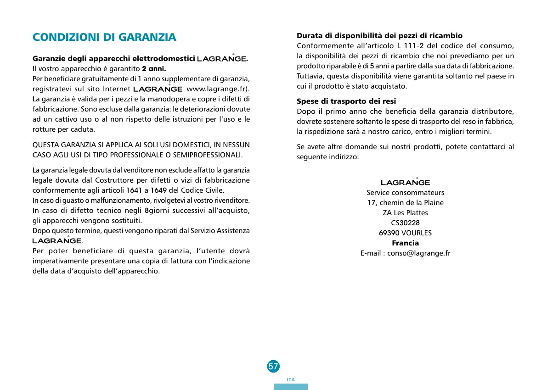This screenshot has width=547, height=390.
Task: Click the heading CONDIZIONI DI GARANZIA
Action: coord(104,37)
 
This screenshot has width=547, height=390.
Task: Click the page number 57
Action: coord(273,366)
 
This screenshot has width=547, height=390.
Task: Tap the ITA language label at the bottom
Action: coord(290,380)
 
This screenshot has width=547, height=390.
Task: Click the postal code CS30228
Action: coord(406,223)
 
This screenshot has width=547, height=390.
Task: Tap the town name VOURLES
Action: coord(417,233)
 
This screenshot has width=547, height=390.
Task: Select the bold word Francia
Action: coord(405,243)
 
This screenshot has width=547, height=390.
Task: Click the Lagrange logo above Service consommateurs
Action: coord(405,183)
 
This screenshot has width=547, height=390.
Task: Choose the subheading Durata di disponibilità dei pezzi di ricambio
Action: coord(379,35)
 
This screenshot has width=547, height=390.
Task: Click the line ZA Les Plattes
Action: coord(405,212)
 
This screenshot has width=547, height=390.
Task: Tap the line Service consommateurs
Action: coord(405,192)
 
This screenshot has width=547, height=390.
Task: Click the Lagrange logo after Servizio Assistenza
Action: coord(56,240)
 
